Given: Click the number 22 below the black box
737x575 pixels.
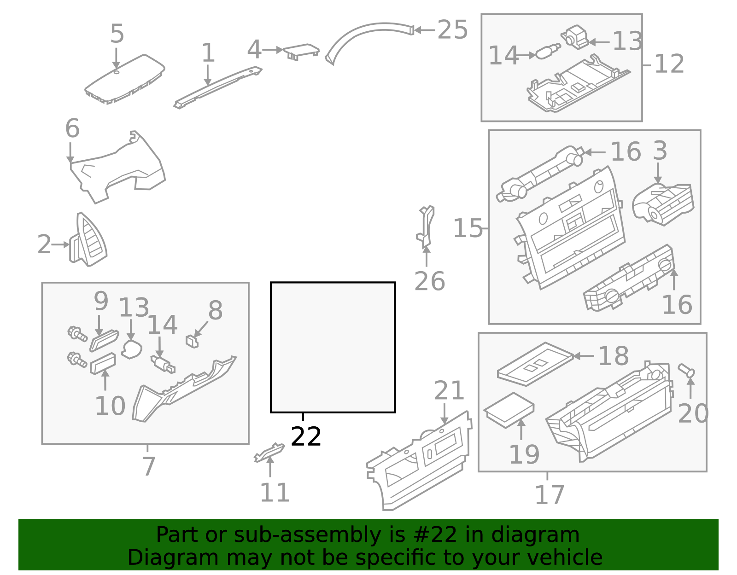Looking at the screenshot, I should tap(306, 436).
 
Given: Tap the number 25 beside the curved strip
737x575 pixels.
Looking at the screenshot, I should tap(452, 30).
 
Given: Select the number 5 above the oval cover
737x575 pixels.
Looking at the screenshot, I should tap(117, 35).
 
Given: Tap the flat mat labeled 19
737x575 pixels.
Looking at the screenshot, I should tap(509, 410).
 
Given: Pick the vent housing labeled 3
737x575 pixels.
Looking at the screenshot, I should tap(663, 204).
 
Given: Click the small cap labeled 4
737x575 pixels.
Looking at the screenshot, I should tap(301, 50).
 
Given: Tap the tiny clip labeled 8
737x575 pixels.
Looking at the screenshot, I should tap(192, 341).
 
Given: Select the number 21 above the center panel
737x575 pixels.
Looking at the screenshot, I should tap(449, 391).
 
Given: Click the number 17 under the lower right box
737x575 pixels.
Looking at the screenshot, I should tap(549, 495).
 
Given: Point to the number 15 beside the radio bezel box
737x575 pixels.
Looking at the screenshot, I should tap(468, 228).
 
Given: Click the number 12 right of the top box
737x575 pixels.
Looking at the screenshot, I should tap(669, 64).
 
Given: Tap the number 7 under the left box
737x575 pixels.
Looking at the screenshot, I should tap(148, 466).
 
